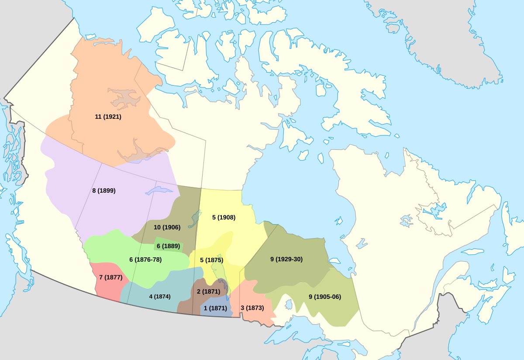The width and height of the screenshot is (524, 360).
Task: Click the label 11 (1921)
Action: coord(108,117)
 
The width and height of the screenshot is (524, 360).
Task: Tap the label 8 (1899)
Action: coord(104,190)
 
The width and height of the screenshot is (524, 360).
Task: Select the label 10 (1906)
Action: coord(167,227)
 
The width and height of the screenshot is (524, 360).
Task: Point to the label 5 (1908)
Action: coord(224,217)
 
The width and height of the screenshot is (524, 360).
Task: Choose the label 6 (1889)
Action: coord(168,246)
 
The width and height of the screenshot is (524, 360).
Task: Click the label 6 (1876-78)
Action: coord(145,260)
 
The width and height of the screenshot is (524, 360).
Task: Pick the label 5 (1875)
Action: coord(211,260)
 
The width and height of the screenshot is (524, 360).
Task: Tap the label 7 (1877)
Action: coord(110,277)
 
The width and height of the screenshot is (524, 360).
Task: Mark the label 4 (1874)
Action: coord(159,296)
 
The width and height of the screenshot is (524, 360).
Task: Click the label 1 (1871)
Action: coord(216,308)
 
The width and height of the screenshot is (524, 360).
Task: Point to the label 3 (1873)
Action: coord(252,308)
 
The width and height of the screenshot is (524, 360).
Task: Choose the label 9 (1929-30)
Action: coord(286,259)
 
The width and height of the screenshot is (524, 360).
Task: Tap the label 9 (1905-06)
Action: coord(324,297)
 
